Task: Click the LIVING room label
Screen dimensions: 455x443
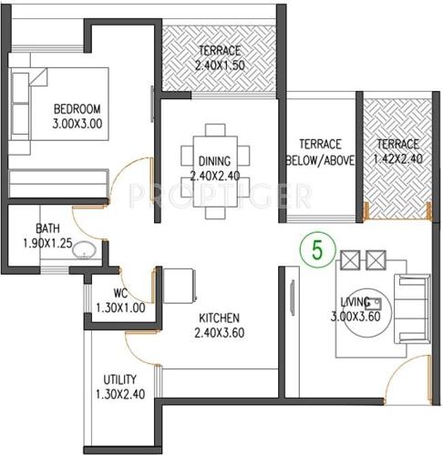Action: pyautogui.click(x=355, y=301)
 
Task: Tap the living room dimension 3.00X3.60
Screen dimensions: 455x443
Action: pyautogui.click(x=355, y=317)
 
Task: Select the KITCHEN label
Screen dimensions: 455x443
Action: pyautogui.click(x=219, y=318)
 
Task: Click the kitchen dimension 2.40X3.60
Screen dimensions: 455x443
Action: pyautogui.click(x=219, y=333)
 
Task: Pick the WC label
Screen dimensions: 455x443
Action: pyautogui.click(x=119, y=294)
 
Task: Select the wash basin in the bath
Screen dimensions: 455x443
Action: pyautogui.click(x=84, y=249)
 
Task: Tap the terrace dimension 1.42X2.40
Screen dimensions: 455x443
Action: pyautogui.click(x=398, y=159)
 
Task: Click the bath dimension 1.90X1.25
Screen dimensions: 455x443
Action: pyautogui.click(x=47, y=243)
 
